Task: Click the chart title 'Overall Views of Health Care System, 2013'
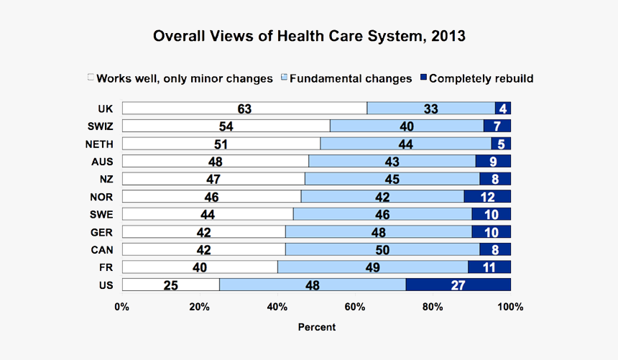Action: (x=309, y=36)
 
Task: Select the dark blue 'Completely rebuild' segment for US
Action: (x=458, y=285)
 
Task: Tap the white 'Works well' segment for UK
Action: (x=244, y=109)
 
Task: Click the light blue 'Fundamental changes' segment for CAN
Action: (x=382, y=249)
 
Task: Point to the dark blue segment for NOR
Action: (x=487, y=196)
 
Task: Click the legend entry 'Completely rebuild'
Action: (x=481, y=78)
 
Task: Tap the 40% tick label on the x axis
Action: (x=277, y=307)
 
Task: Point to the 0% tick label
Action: (x=122, y=307)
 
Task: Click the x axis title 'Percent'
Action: (x=316, y=327)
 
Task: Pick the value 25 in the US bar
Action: (x=170, y=285)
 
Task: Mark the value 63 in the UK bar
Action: (x=244, y=109)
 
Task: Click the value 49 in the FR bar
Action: (x=372, y=267)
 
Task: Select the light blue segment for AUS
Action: (x=392, y=161)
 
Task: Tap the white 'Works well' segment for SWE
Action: (x=208, y=214)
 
